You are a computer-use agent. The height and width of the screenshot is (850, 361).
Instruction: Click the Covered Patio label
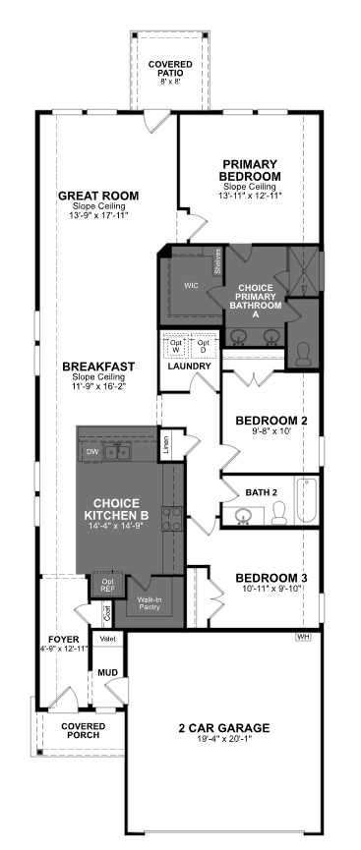tap(171, 68)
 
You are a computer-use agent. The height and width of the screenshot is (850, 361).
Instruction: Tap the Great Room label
tap(97, 195)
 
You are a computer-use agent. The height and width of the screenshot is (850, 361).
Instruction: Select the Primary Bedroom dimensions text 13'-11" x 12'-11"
tap(251, 197)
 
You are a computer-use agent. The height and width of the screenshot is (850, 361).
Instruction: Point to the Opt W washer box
tap(176, 346)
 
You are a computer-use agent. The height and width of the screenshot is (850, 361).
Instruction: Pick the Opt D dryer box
tap(203, 346)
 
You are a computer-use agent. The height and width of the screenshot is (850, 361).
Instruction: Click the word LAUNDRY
tap(190, 367)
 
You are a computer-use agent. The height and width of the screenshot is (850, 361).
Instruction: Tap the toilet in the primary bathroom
tap(303, 351)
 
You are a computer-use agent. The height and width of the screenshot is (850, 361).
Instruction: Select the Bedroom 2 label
tap(271, 421)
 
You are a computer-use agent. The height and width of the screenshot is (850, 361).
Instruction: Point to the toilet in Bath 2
tap(278, 510)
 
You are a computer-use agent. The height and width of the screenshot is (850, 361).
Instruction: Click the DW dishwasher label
tap(91, 452)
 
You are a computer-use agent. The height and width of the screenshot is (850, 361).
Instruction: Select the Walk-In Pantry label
tap(149, 603)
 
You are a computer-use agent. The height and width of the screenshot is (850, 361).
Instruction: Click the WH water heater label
tap(303, 637)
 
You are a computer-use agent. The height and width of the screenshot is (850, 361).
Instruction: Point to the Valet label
tap(107, 640)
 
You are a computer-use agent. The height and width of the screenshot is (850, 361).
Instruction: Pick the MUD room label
tap(107, 673)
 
